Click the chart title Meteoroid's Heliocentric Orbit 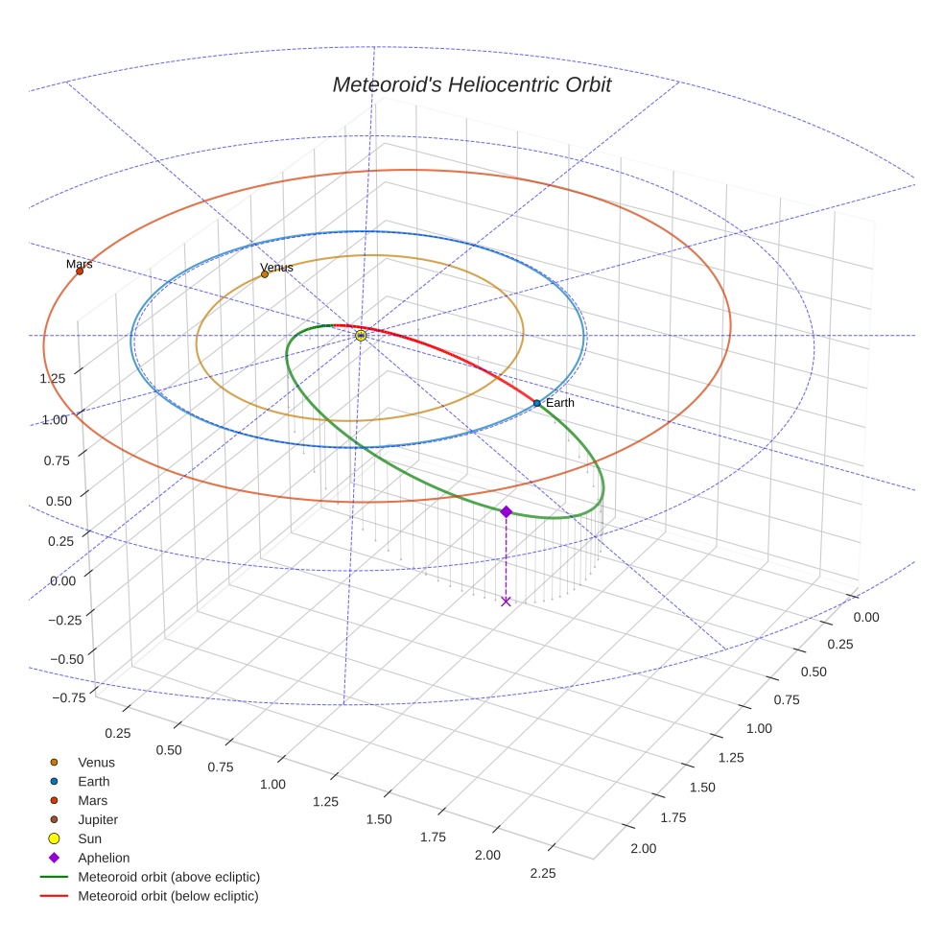click(x=471, y=84)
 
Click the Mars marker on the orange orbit click(x=80, y=271)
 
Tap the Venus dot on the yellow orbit click(x=265, y=274)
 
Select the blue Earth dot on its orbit click(x=536, y=403)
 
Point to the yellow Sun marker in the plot click(x=361, y=336)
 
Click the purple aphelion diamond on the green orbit click(x=506, y=512)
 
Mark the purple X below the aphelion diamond click(x=506, y=602)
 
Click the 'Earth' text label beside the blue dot click(x=559, y=403)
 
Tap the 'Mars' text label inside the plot click(x=80, y=263)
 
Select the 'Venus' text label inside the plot click(x=276, y=267)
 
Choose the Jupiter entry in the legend click(x=98, y=819)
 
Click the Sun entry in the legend click(x=89, y=838)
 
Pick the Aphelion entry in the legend click(x=104, y=858)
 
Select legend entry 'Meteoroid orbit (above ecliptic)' click(x=169, y=877)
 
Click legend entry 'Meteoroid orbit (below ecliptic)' click(x=168, y=896)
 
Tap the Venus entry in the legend click(x=96, y=762)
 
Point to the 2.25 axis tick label click(x=542, y=872)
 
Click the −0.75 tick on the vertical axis click(x=52, y=697)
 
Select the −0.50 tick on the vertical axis click(x=52, y=659)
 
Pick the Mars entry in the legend click(x=92, y=800)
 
